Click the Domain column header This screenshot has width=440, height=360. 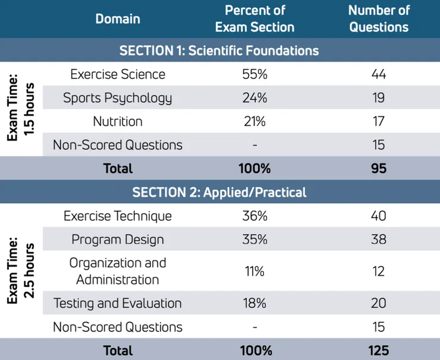tap(118, 19)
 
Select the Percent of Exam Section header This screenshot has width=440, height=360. tap(255, 19)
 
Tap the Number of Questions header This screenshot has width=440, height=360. tap(379, 19)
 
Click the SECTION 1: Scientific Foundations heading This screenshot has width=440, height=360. tap(219, 50)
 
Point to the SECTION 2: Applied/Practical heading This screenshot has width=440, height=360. tap(219, 192)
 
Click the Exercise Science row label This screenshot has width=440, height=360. tap(118, 74)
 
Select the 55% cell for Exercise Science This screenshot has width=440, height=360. tap(255, 74)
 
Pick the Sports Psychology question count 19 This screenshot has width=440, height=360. tap(379, 98)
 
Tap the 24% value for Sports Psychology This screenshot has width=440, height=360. tap(255, 98)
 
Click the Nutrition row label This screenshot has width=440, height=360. tap(118, 121)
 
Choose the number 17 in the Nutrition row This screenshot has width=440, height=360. tap(379, 121)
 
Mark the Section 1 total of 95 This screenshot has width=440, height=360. tap(379, 168)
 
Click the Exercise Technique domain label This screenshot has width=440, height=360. tap(118, 216)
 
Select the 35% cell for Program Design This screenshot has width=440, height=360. tap(255, 239)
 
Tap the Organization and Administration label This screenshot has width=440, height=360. tap(118, 271)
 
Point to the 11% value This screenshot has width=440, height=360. tap(255, 271)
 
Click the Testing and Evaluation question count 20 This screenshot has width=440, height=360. tap(379, 303)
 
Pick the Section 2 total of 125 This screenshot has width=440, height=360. tap(379, 350)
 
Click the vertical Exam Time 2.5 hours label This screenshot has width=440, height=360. tap(21, 270)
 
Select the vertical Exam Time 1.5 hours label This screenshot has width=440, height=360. tap(21, 109)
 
